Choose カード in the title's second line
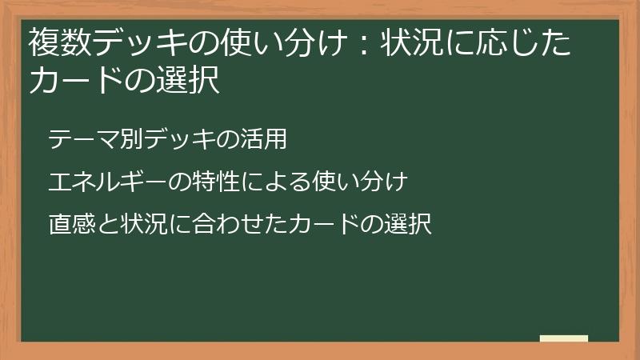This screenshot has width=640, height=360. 77,80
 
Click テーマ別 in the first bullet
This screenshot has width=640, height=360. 88,139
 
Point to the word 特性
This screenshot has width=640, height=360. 214,182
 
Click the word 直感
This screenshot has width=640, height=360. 69,225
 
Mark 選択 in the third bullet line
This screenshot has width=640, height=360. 410,225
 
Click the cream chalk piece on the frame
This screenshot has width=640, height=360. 564,338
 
